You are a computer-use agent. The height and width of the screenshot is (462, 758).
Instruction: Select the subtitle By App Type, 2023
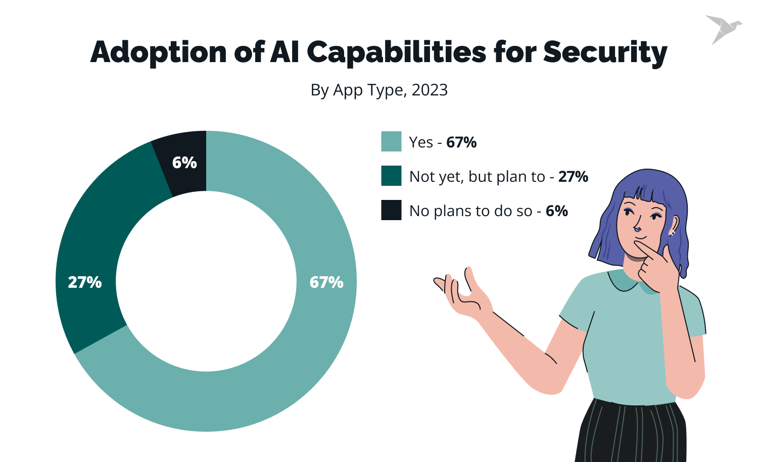[379, 90]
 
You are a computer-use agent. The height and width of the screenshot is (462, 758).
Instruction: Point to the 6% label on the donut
[184, 163]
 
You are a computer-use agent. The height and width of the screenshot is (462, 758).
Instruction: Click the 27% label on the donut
[85, 282]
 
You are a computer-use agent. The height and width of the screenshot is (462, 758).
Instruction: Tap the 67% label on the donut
[326, 282]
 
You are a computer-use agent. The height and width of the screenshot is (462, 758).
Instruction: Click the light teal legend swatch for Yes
[391, 142]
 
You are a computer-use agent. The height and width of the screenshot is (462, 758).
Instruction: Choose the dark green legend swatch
[391, 176]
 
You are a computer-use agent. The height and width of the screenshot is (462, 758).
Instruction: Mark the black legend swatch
[391, 211]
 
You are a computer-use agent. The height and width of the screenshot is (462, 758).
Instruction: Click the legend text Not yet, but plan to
[477, 177]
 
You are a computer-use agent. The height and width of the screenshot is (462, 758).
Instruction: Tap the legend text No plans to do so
[470, 211]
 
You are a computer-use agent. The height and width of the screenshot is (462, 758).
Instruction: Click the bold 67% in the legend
[461, 142]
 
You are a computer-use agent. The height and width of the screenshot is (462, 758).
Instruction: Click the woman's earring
[673, 233]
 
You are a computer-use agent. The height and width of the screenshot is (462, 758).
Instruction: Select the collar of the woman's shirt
[627, 283]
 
